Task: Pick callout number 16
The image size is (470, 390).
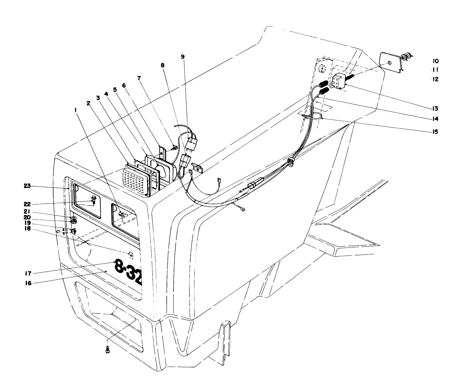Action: (28, 283)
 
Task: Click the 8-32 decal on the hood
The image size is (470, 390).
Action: (128, 271)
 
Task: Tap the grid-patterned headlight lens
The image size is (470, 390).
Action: (135, 182)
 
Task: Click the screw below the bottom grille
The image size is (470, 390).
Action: (107, 351)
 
